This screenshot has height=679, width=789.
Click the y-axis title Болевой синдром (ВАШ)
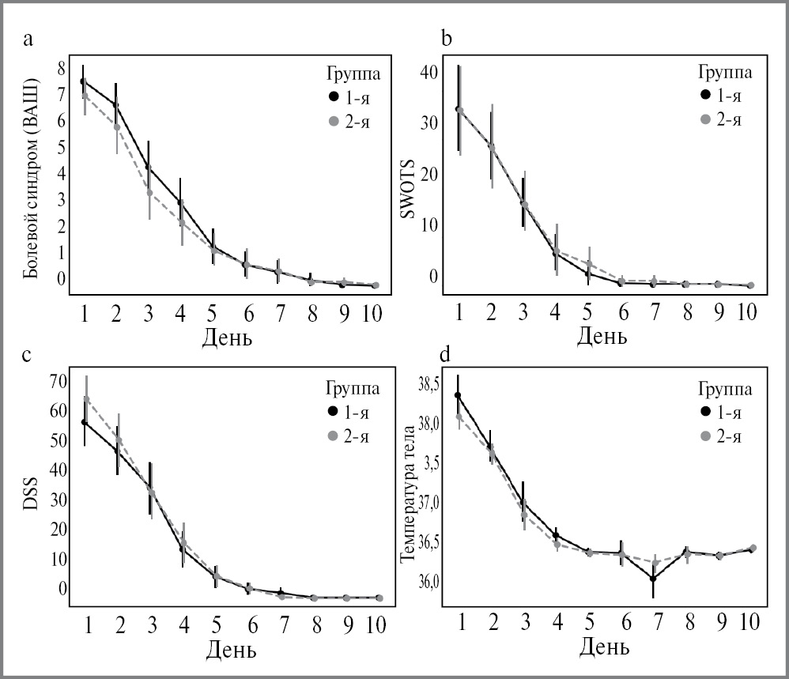point(31,178)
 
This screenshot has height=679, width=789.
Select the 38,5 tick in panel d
point(427,386)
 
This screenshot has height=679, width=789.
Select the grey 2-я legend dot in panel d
point(706,436)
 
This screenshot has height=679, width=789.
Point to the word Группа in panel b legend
point(724,72)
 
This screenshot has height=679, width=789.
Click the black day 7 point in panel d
point(653,579)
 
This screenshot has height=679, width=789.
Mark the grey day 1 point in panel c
point(87,399)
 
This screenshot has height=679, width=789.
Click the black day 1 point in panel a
point(83,81)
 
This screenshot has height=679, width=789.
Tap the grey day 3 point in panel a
point(149,192)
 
